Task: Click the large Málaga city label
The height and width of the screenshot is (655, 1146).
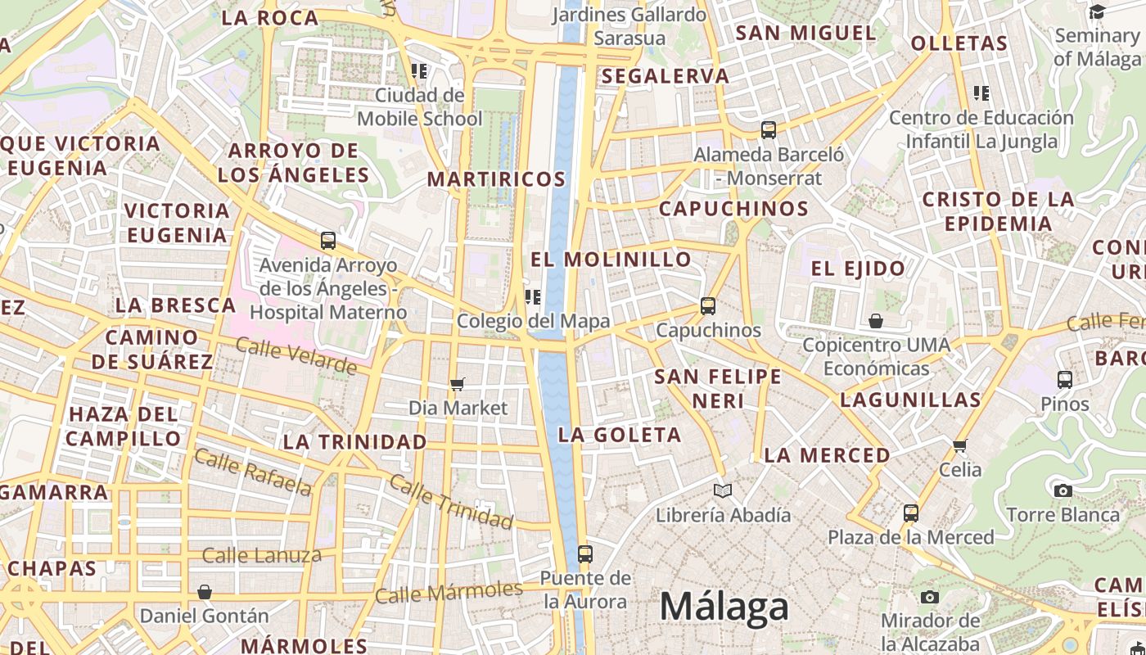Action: (x=724, y=607)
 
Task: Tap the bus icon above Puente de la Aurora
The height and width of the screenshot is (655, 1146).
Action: (x=584, y=553)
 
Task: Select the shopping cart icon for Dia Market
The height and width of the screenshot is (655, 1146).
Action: (x=458, y=384)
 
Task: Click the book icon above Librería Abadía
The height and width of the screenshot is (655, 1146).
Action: (x=722, y=490)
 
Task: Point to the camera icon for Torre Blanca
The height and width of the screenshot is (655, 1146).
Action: (x=1063, y=490)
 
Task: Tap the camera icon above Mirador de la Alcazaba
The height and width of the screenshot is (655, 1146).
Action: (x=929, y=597)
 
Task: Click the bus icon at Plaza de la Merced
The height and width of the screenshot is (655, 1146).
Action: (x=910, y=513)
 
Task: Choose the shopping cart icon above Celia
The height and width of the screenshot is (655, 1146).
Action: (x=960, y=445)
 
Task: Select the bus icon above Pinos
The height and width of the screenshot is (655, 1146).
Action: (x=1064, y=380)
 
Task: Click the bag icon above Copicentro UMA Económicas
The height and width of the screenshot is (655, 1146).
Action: (x=876, y=320)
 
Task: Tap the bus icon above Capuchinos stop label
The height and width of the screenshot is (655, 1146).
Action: (x=708, y=306)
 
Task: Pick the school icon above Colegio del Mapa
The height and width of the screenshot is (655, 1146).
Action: (x=533, y=296)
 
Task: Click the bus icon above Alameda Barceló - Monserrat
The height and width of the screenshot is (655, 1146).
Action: (x=768, y=129)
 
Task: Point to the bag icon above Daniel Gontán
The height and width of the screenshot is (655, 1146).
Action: (x=205, y=591)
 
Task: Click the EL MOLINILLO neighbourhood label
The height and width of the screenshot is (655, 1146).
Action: (x=611, y=260)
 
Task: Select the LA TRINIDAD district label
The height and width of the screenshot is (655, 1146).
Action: (x=354, y=442)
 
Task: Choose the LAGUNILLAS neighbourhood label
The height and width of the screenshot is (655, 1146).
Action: (x=910, y=400)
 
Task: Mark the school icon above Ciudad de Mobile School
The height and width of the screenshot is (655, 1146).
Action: (x=419, y=71)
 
